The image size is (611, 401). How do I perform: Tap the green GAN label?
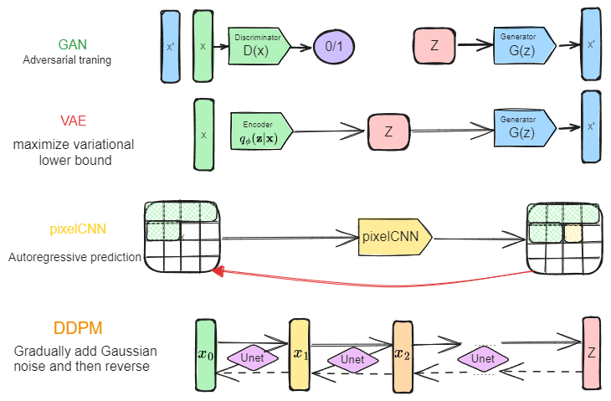[72, 44]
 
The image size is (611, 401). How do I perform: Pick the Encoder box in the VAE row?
[262, 130]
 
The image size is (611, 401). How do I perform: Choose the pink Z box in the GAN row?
[434, 45]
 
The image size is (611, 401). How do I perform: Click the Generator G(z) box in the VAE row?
[523, 127]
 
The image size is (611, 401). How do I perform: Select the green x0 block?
[206, 355]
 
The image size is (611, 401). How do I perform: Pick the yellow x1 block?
[300, 353]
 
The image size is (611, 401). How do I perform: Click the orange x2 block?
[403, 353]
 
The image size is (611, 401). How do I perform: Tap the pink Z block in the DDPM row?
[591, 353]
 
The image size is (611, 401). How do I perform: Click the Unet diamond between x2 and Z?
[483, 358]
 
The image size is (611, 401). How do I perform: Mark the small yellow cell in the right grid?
[572, 233]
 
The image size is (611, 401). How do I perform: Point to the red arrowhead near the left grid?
[218, 272]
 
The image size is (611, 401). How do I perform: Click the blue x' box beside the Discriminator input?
[170, 46]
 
